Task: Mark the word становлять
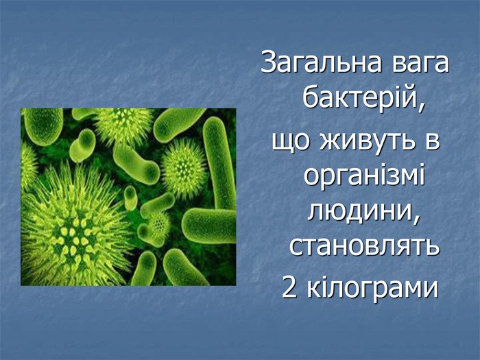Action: tap(363, 246)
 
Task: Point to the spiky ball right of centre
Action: tap(184, 167)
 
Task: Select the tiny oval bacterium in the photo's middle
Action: tap(130, 198)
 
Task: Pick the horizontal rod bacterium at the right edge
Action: tap(209, 226)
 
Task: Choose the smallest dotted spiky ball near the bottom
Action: tap(158, 224)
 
